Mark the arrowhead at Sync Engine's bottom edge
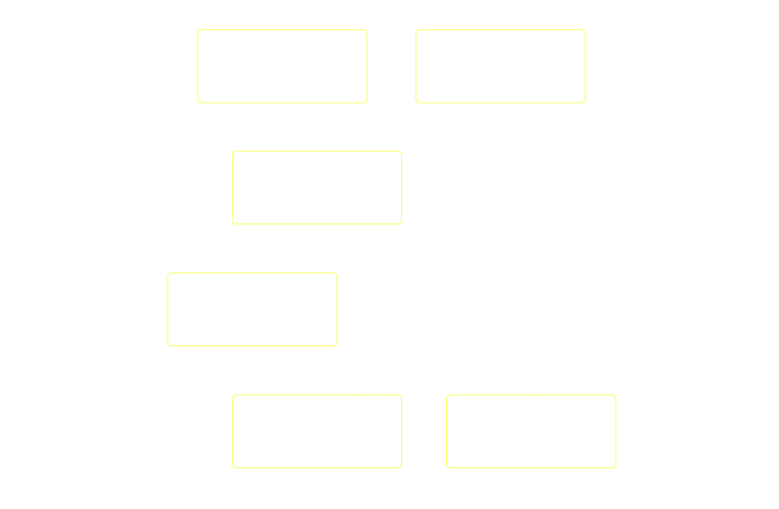pyautogui.click(x=502, y=110)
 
